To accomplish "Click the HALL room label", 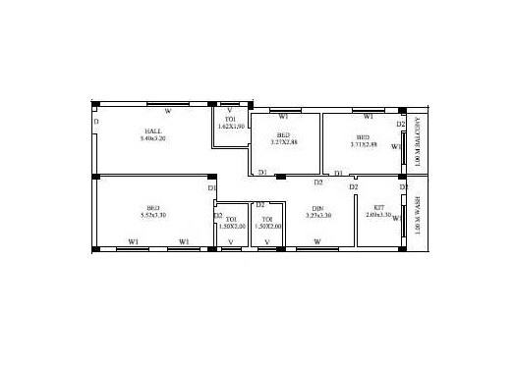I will pos(154,130).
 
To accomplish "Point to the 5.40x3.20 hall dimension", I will pos(154,139).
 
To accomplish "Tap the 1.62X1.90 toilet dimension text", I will pos(231,127).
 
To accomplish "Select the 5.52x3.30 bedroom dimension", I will pos(153,215).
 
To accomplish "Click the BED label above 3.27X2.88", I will pos(283,134).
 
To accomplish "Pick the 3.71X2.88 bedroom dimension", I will pos(363,143).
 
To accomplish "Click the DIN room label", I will pos(317,207).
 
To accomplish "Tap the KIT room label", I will pos(378,207).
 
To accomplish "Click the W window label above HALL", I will pos(167,111).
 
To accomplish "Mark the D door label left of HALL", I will pos(96,122).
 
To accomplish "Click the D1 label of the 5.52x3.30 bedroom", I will pos(211,187).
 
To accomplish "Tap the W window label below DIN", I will pos(316,240).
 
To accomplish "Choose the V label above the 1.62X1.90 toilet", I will pos(230,110).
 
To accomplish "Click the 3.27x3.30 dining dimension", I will pos(317,215).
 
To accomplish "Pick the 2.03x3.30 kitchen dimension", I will pos(378,215).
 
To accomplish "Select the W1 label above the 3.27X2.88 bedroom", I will pos(283,117).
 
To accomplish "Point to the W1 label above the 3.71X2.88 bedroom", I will pos(369,117).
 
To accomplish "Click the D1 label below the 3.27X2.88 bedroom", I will pos(262,173).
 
